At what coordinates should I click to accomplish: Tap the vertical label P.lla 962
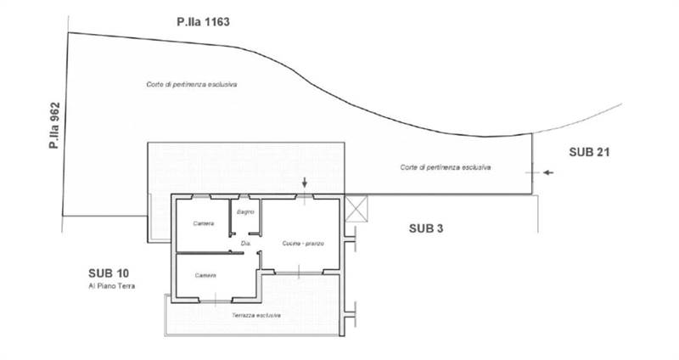54,127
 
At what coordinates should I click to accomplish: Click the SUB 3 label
427,228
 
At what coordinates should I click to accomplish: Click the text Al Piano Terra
112,286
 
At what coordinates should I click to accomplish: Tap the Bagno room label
246,211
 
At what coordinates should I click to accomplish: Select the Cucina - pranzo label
303,244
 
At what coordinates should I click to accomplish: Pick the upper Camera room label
204,223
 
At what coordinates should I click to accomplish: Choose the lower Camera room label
205,275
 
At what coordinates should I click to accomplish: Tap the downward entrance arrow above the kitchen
306,184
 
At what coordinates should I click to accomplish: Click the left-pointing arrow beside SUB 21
548,172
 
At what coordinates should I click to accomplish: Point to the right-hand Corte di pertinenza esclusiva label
446,167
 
